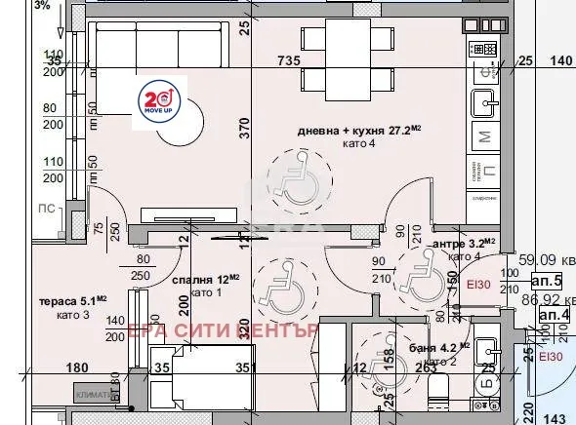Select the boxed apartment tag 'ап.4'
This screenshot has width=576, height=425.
click(x=554, y=315)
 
